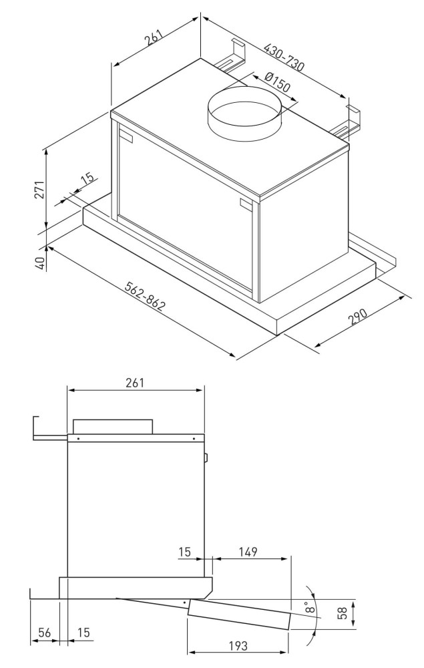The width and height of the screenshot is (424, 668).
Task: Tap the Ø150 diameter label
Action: click(x=276, y=82)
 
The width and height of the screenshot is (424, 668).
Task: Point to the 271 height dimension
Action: click(x=39, y=190)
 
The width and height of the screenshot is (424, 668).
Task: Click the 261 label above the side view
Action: click(x=135, y=383)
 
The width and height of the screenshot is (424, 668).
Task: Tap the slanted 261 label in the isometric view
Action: click(x=154, y=37)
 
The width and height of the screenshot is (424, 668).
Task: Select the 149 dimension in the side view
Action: click(x=248, y=552)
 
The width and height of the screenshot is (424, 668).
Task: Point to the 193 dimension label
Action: click(x=238, y=646)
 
